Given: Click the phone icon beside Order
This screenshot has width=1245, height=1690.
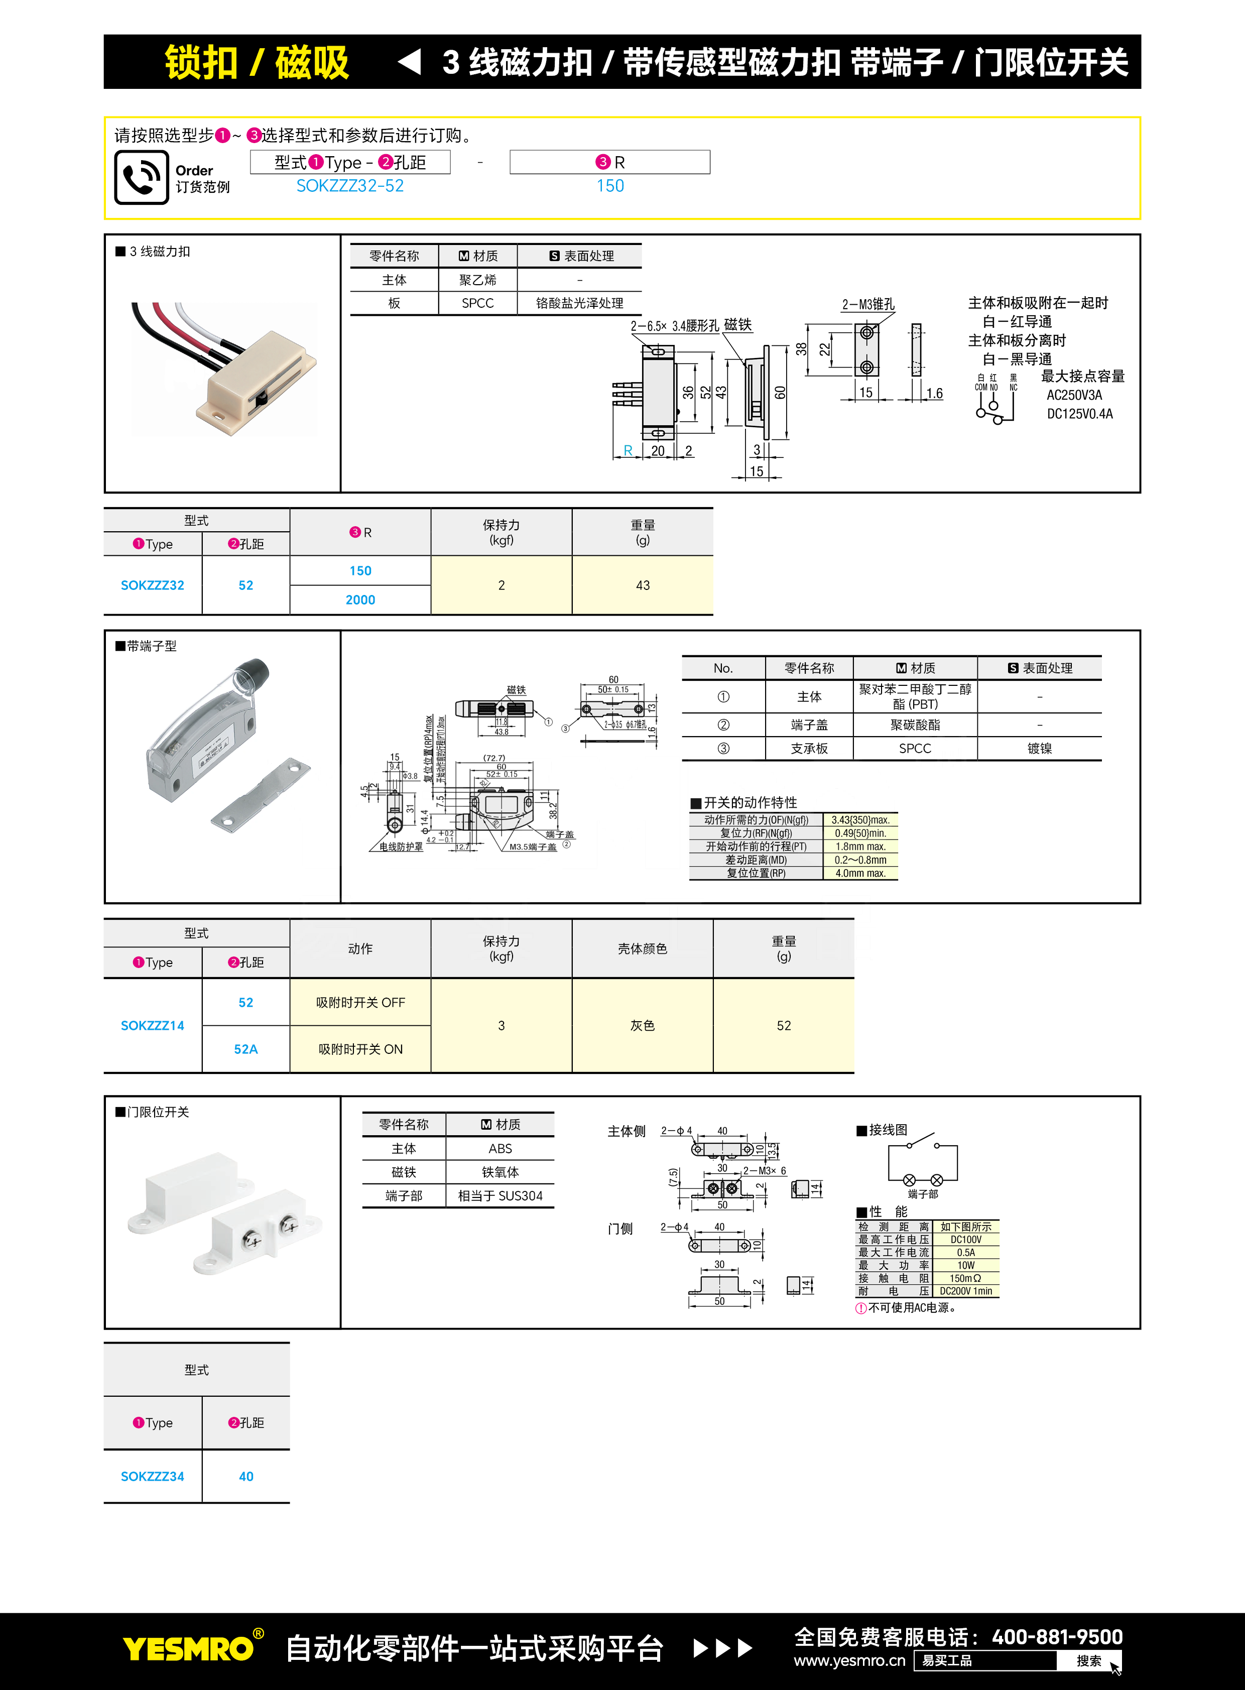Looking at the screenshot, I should click(x=141, y=177).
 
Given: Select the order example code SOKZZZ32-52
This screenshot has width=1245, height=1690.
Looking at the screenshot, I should click(x=350, y=186).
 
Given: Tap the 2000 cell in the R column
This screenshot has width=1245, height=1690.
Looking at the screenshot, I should click(x=360, y=600).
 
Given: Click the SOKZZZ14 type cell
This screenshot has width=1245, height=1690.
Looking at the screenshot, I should click(x=152, y=1025).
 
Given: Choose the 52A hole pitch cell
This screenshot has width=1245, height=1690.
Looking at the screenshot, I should click(x=245, y=1049).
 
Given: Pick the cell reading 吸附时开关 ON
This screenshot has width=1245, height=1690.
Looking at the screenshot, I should click(x=360, y=1049).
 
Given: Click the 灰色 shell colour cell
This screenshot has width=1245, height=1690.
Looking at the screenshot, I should click(x=642, y=1025).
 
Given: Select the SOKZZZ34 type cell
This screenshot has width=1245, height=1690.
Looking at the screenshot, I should click(x=152, y=1476).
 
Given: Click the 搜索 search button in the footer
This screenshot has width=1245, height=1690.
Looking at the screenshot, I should click(x=1088, y=1660).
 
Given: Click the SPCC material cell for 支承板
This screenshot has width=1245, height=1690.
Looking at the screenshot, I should click(x=915, y=749).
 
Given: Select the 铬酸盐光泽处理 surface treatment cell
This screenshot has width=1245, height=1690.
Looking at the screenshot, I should click(x=579, y=303).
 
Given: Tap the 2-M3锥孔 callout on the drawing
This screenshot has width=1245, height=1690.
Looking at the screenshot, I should click(x=868, y=305).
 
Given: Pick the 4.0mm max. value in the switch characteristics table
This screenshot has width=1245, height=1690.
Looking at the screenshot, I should click(x=860, y=874).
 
